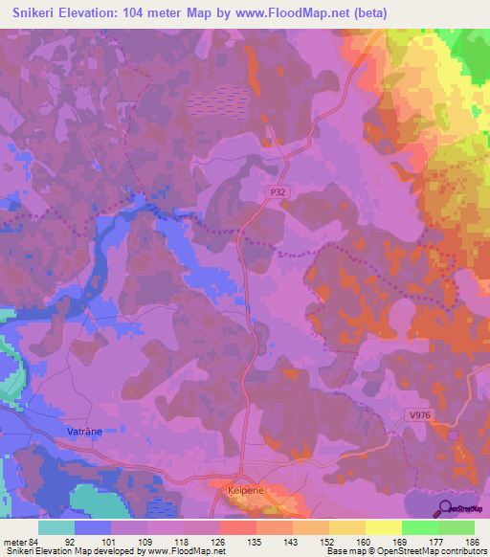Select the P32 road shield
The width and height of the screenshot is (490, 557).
(x=278, y=192)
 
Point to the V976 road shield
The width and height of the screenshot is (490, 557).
(x=417, y=414)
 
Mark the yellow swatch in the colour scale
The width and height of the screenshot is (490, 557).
(x=384, y=527)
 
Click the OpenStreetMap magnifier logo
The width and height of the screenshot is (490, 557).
(x=443, y=507)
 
